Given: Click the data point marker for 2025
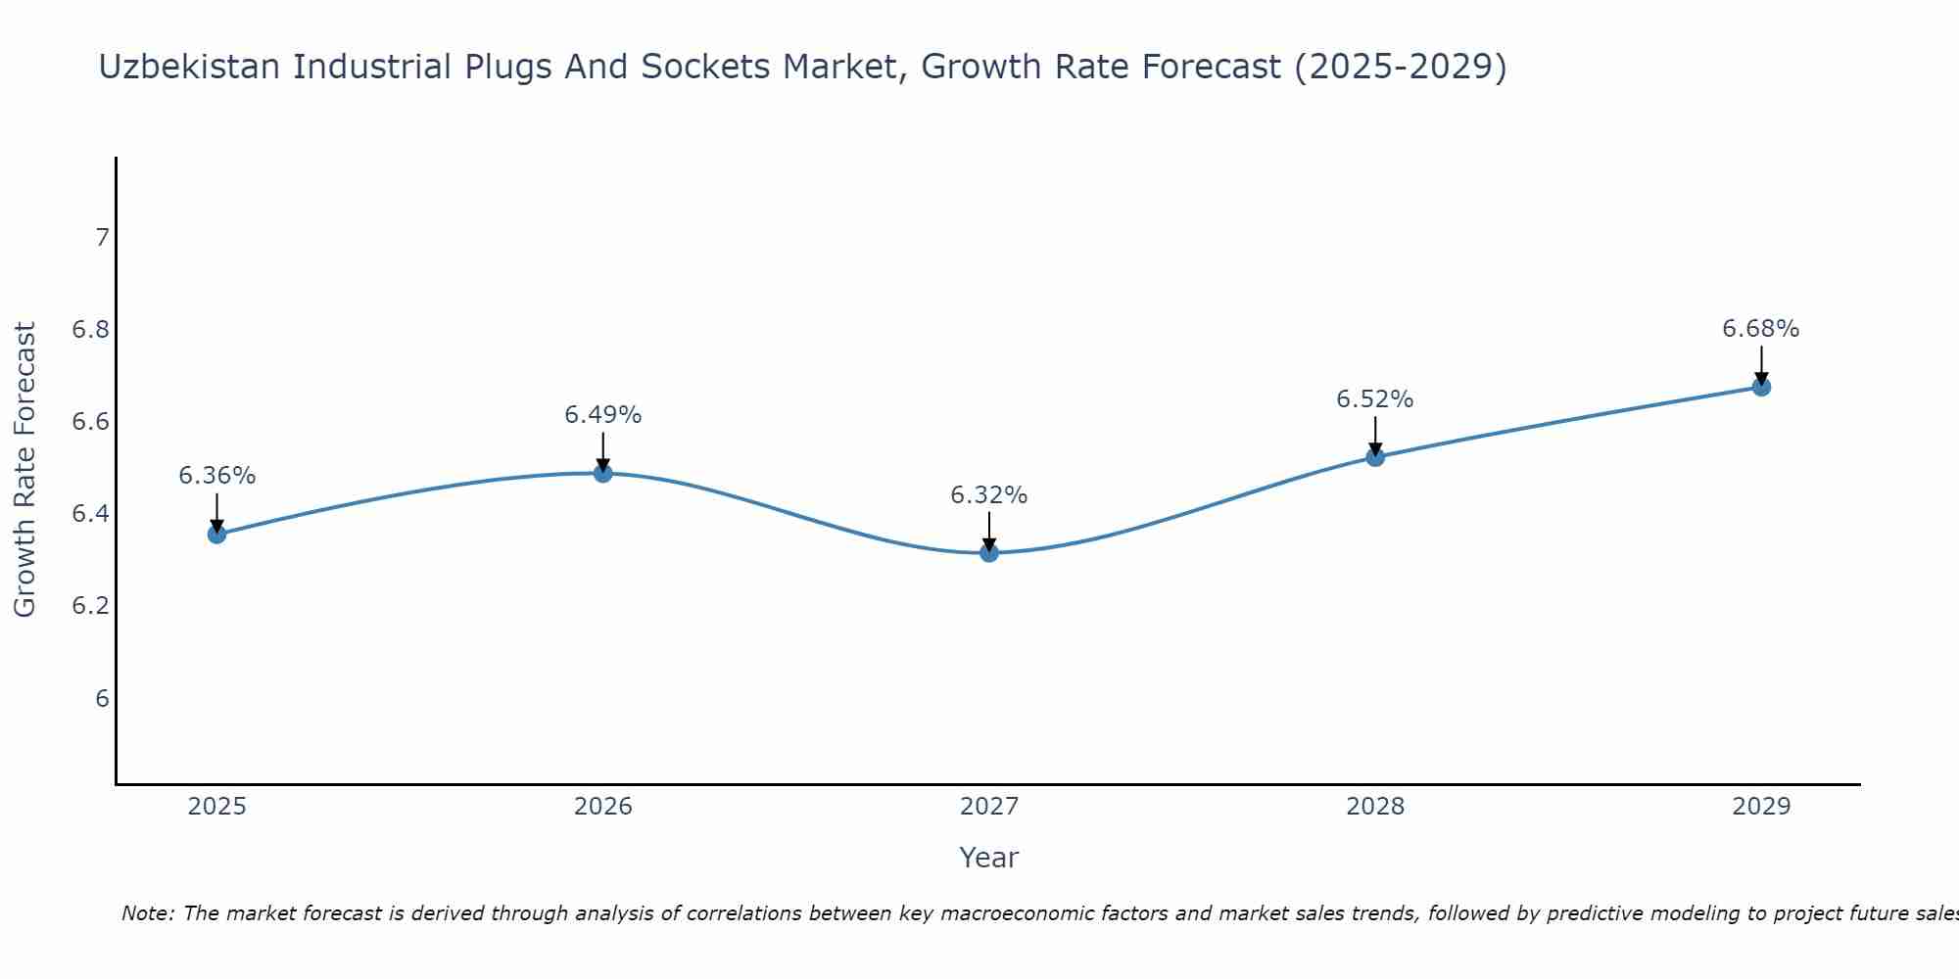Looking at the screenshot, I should pos(216,534).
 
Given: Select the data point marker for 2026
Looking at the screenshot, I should pos(603,473).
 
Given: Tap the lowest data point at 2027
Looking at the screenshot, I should pos(989,552).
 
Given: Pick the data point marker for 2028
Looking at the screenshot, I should pos(1375,456).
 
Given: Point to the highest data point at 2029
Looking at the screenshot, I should pos(1761,387).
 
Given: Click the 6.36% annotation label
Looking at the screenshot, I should pos(216,476).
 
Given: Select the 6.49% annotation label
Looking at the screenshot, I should pos(603,415).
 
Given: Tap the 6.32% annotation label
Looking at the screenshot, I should pos(989,495).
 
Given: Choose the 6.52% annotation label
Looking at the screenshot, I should pos(1375,399).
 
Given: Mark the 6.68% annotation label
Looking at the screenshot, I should pos(1761,329).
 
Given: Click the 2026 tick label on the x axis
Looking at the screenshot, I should pos(603,807).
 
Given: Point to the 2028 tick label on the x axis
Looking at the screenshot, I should pos(1375,807).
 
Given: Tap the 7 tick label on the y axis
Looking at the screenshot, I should pos(102,238).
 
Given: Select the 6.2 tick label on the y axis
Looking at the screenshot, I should pos(90,606).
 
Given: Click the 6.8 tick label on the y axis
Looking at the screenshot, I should pos(90,330).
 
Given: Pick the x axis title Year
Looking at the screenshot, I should pos(989,858).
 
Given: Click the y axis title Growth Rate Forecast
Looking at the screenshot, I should pos(24,470).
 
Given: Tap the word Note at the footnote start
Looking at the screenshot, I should pos(147,913).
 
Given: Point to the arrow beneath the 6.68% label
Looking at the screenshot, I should pos(1761,364).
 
